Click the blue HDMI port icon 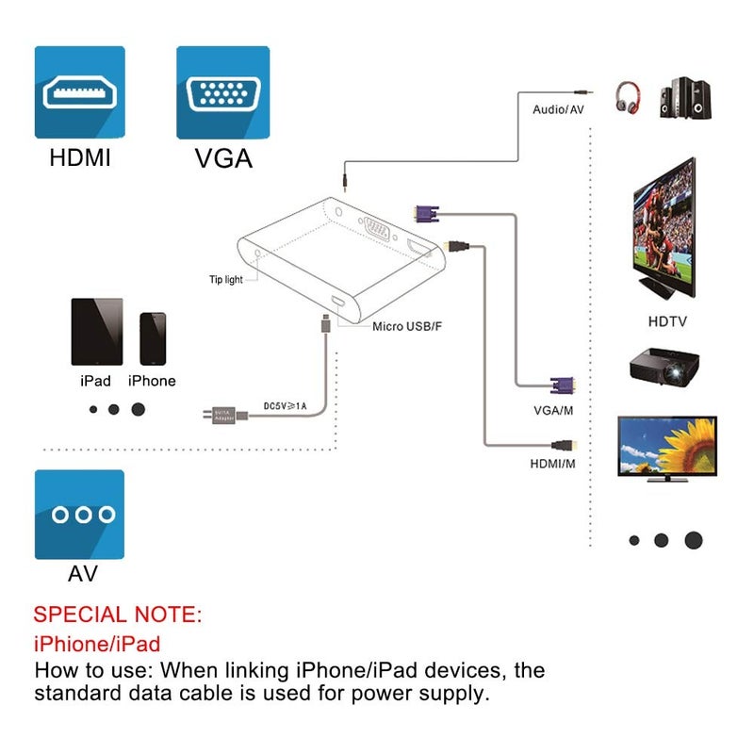[x=80, y=91]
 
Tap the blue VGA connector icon [x=222, y=91]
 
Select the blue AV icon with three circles [x=80, y=515]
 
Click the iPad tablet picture [x=97, y=332]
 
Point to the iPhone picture [x=153, y=338]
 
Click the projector [x=666, y=367]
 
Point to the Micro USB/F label [x=406, y=326]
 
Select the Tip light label [x=225, y=279]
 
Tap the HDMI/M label [x=552, y=464]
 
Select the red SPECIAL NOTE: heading [x=118, y=615]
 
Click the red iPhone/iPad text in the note [x=97, y=645]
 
